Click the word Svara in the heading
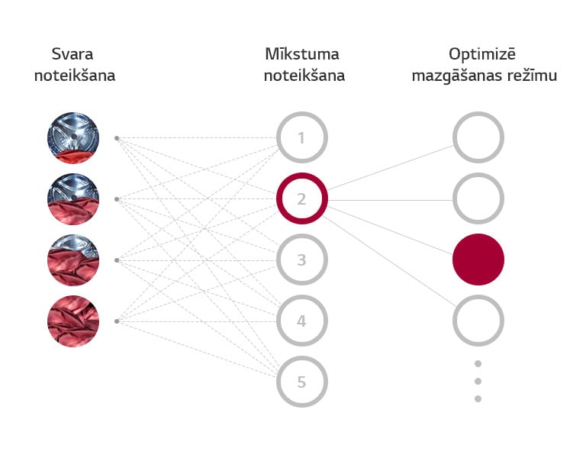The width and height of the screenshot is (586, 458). coord(72,54)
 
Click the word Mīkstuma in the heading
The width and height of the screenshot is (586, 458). coord(302,54)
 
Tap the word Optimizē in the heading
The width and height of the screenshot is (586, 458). coord(482,55)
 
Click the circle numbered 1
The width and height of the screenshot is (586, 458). coord(302,137)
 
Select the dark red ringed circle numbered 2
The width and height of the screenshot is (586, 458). coord(302,198)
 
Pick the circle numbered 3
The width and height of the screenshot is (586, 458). coord(302,260)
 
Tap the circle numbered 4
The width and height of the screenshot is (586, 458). coord(302,321)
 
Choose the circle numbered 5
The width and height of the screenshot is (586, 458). coord(302,382)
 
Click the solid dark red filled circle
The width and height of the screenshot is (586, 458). coord(478,260)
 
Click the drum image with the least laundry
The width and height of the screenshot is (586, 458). coord(73,138)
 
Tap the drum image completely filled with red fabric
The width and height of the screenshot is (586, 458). coord(73,321)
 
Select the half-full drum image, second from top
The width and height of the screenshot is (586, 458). coord(73,199)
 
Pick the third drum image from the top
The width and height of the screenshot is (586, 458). coord(73,260)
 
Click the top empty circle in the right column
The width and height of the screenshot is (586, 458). coord(478,137)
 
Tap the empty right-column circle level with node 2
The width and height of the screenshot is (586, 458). coord(478,198)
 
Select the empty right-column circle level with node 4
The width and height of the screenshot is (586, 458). coord(478,321)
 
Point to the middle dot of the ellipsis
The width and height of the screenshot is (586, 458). coord(478,382)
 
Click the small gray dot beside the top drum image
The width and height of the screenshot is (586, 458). coord(117,138)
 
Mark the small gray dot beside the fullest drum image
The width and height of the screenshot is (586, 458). coord(117,321)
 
